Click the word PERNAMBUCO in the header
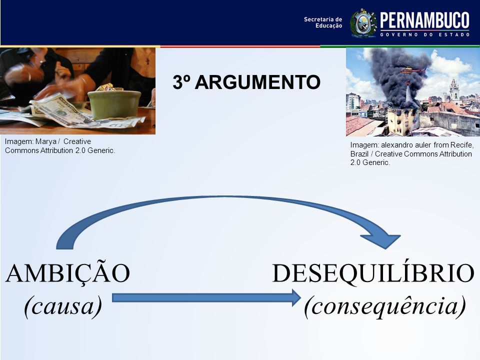pos(424,20)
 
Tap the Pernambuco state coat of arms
pos(363,23)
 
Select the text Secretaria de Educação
pos(323,22)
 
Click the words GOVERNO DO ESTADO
pos(425,34)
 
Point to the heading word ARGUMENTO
pos(257,82)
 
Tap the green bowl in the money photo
pos(114,104)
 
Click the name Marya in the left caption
pos(46,141)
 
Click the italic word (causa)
pos(63,306)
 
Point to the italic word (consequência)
pos(385,306)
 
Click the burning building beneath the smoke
pos(403,121)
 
